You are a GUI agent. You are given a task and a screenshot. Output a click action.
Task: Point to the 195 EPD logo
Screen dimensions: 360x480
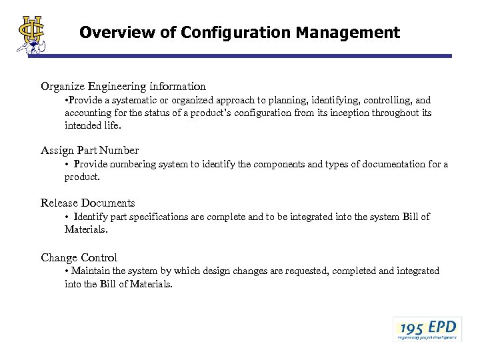[427, 329]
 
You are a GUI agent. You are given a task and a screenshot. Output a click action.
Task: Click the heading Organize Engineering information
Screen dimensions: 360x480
[123, 86]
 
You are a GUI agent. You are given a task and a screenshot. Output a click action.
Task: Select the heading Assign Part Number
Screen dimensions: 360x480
[89, 150]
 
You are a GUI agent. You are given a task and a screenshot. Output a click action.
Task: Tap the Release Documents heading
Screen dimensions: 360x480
[88, 203]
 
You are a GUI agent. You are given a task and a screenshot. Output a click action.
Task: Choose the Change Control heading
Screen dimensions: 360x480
[79, 257]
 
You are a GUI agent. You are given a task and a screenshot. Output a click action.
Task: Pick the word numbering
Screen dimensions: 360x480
[133, 164]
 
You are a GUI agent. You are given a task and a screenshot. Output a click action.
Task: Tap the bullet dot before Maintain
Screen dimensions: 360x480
[67, 271]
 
